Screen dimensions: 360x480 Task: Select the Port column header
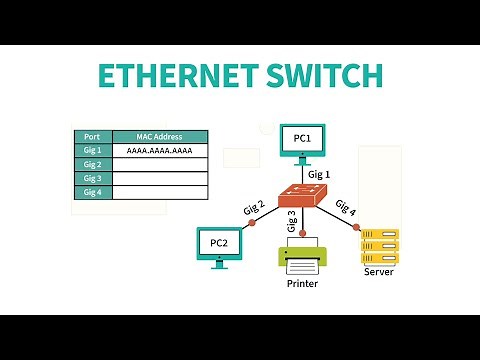(93, 137)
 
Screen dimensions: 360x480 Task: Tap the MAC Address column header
(160, 137)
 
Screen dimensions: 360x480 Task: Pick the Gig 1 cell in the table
(93, 151)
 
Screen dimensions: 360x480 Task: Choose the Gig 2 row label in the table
(93, 165)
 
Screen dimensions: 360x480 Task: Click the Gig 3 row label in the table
(93, 178)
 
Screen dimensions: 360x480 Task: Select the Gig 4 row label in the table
(93, 192)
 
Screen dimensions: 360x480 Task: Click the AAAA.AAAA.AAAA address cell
(160, 151)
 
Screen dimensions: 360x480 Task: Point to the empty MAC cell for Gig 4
(160, 192)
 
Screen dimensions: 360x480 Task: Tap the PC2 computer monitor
(219, 243)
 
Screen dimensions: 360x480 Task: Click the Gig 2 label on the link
(254, 207)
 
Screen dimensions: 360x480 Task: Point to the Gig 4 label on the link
(345, 207)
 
